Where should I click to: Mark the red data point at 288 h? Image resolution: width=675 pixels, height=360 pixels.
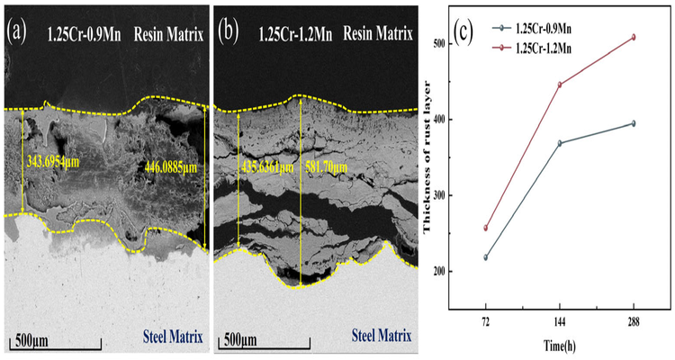633,37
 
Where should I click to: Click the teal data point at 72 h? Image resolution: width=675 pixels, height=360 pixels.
486,257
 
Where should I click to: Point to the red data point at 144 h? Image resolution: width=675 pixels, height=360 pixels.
560,85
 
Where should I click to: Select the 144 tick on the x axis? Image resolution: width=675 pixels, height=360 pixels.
560,319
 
